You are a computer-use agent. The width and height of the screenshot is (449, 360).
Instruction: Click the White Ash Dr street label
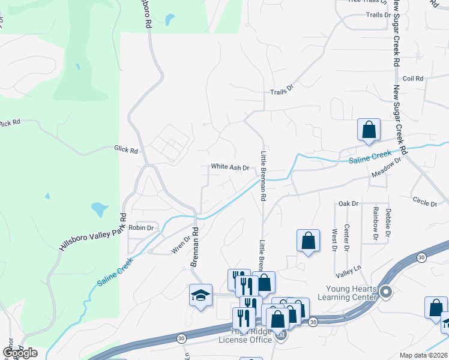[x=230, y=167]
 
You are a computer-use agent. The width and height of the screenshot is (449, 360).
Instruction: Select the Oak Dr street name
[x=348, y=204]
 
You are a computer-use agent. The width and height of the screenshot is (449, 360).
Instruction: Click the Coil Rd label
[x=413, y=79]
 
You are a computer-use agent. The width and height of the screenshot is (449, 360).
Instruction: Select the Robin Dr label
[x=141, y=228]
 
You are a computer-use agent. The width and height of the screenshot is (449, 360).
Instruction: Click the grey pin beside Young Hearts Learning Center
[x=385, y=293]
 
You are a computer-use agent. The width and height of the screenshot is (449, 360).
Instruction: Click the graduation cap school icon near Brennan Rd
[x=200, y=295]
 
